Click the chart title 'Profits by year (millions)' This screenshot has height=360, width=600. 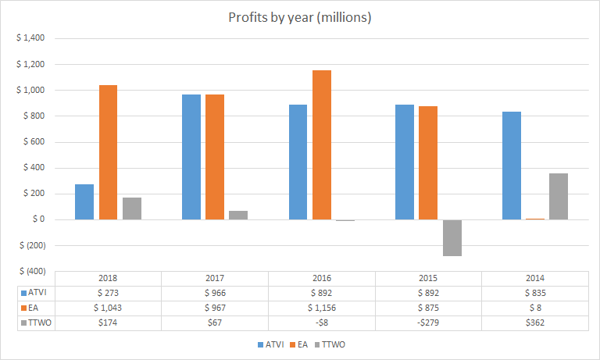pos(300,17)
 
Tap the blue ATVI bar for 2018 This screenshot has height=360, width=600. pos(84,201)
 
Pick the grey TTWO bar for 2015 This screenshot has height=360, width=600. pos(452,237)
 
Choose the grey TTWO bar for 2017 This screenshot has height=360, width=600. pos(238,215)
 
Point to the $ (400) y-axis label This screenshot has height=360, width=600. pos(30,271)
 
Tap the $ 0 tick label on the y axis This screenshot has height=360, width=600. pos(37,219)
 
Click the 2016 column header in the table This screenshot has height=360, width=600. pos(322,278)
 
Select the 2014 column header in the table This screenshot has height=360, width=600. pos(535,278)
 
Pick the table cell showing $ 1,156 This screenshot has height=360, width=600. pos(322,307)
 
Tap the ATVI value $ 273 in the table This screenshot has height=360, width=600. pos(108,293)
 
